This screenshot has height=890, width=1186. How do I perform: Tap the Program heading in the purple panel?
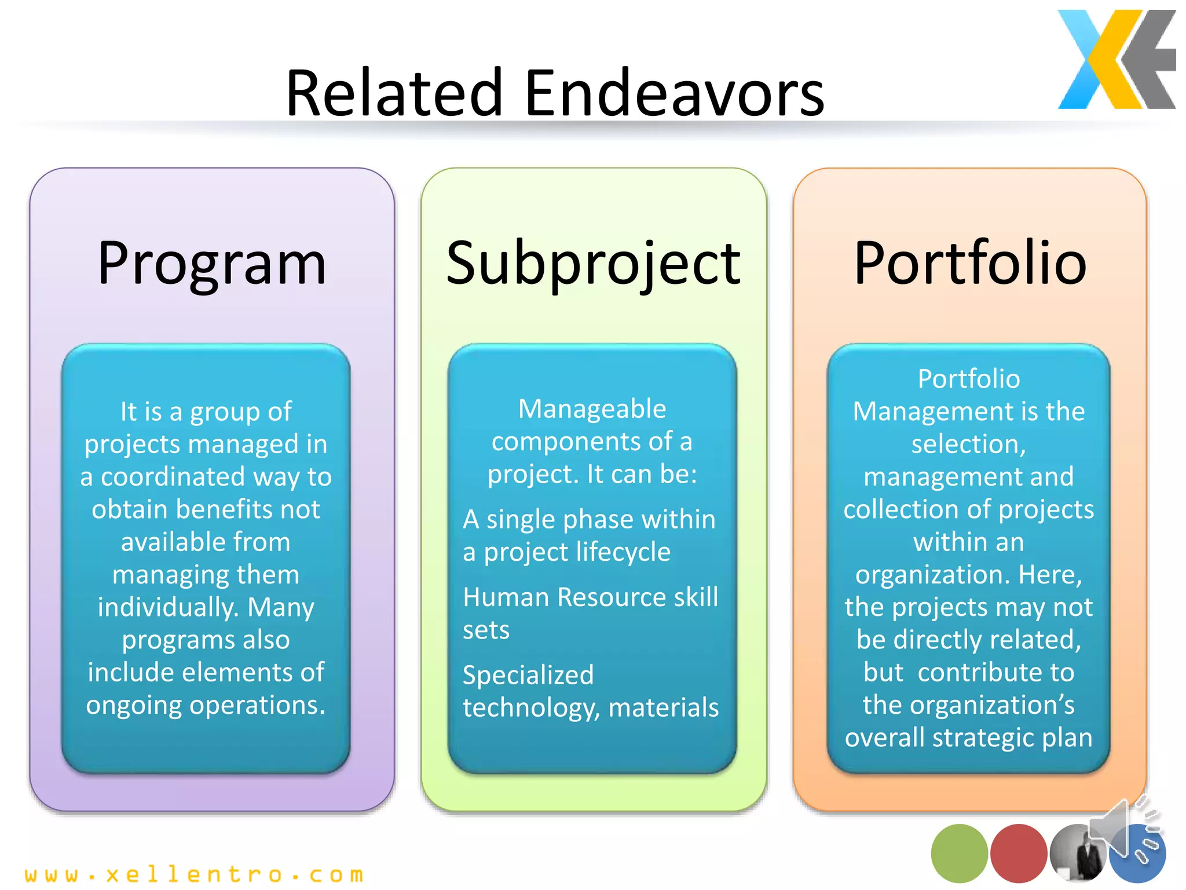pos(212,264)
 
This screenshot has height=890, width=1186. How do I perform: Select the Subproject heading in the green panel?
pos(593,264)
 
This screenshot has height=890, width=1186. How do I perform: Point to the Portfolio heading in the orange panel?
pos(970,264)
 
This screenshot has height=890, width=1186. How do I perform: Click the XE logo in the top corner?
pos(1116,60)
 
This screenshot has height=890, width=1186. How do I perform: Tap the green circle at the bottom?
pos(959,853)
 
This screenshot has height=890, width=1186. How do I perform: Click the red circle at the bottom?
pos(1018,853)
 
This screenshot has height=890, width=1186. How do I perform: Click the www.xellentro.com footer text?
pos(194,874)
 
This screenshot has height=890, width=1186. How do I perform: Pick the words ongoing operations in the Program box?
pos(206,705)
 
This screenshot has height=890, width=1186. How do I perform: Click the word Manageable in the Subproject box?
pos(592,409)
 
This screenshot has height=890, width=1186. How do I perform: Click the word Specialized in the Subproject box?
pos(528,675)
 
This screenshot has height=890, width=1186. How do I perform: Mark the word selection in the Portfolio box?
pos(968,444)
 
